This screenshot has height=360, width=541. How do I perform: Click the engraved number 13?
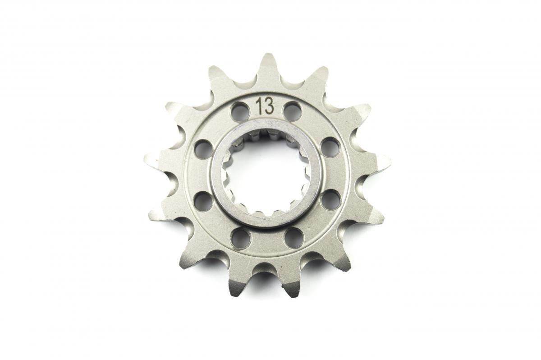(x=264, y=106)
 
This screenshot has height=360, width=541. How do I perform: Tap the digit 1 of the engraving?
(x=259, y=106)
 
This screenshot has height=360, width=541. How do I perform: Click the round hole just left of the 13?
(x=239, y=111)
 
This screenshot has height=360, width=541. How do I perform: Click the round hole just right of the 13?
(x=292, y=111)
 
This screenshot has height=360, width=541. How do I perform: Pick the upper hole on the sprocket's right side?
(x=330, y=147)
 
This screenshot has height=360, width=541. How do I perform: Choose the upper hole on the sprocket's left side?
(x=203, y=148)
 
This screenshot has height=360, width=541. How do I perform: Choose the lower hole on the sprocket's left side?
(x=203, y=201)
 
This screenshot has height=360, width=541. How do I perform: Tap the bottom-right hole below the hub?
(x=293, y=237)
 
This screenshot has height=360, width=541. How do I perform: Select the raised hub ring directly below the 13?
(x=266, y=126)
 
